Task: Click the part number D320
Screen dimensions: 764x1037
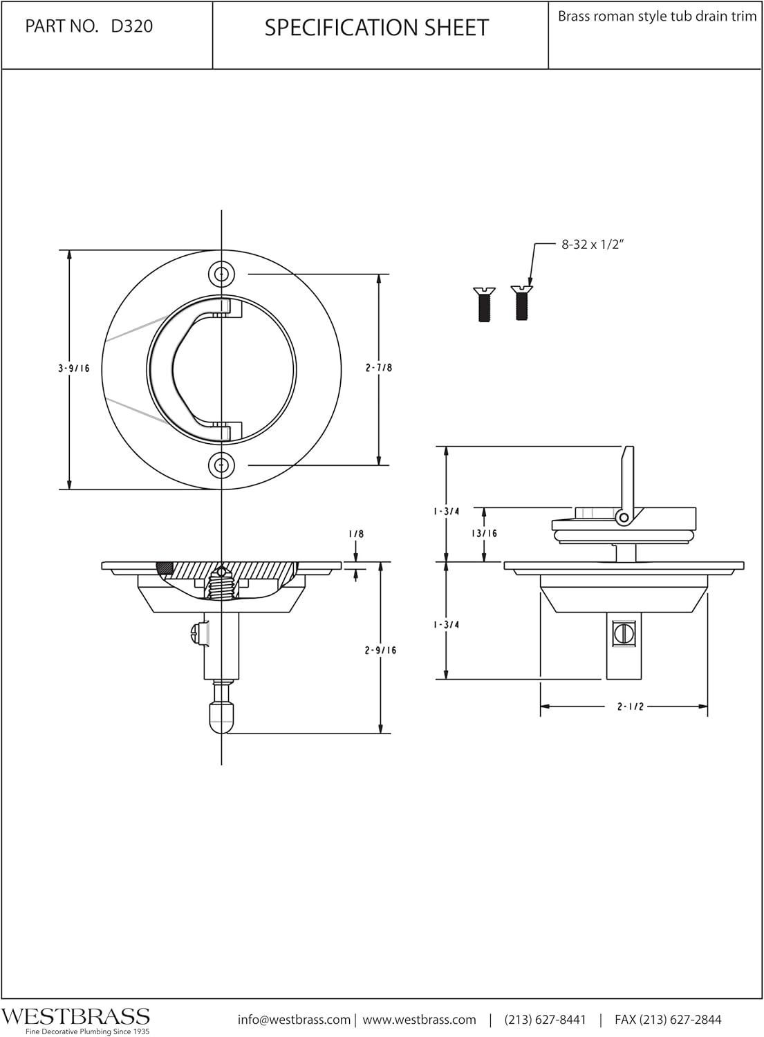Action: point(132,26)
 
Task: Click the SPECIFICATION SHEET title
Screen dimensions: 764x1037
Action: point(376,28)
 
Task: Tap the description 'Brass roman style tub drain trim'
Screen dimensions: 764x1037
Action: point(657,17)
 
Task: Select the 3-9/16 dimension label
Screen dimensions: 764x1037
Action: point(74,369)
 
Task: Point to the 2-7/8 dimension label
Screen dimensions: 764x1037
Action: point(379,368)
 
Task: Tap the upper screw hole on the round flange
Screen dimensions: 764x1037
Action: point(221,274)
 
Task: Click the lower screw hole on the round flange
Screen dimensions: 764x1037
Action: point(221,465)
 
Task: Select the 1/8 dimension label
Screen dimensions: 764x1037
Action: point(356,534)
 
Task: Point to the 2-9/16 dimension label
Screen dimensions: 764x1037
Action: point(380,651)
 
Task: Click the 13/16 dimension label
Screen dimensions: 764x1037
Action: point(485,533)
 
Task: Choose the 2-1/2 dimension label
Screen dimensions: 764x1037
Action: point(630,707)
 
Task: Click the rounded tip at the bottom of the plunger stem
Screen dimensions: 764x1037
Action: point(221,718)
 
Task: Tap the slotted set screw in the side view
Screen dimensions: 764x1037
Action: point(624,631)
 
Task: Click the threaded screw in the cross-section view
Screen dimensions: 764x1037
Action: point(221,584)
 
